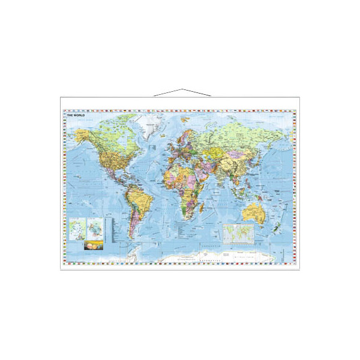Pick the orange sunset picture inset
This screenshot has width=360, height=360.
point(91,245)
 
